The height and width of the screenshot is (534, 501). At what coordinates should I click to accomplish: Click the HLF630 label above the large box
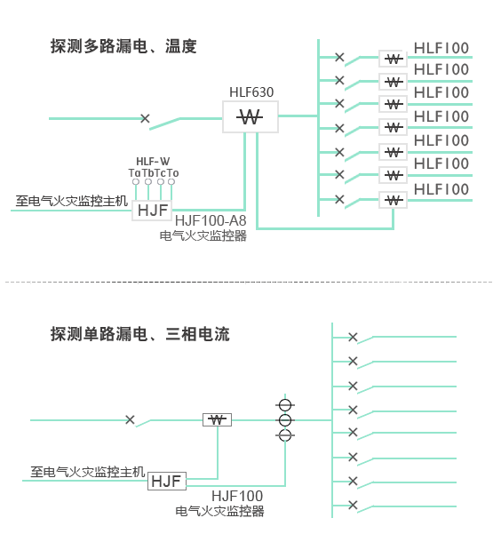tap(251, 92)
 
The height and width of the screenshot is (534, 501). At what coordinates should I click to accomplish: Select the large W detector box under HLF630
tap(250, 116)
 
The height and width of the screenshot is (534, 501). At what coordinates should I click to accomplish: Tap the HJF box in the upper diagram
tap(152, 211)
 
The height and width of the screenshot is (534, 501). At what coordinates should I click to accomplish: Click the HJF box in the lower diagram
tap(167, 482)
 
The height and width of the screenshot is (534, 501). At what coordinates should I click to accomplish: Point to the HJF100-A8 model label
tap(211, 220)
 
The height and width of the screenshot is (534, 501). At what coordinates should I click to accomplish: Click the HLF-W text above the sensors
tap(153, 162)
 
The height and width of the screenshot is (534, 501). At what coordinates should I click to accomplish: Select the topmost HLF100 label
tap(441, 48)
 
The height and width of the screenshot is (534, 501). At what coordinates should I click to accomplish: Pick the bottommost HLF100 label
tap(441, 189)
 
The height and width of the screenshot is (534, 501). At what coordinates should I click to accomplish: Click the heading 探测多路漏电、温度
tap(123, 46)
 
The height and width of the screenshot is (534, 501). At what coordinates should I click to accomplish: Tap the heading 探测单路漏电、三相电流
tap(140, 334)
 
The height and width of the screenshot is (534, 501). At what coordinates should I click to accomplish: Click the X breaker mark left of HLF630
tap(145, 118)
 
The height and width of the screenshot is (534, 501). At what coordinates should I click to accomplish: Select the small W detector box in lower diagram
tap(217, 419)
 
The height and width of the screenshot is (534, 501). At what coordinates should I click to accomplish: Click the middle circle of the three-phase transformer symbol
tap(285, 420)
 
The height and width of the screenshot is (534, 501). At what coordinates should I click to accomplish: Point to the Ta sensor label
tap(134, 173)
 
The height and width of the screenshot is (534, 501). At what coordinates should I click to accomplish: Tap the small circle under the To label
tap(171, 182)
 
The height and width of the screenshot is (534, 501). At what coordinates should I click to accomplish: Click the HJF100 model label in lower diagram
tap(237, 496)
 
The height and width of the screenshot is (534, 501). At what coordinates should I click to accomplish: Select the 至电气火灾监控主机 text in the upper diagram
tap(72, 201)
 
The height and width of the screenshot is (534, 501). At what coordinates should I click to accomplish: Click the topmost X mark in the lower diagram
tap(353, 337)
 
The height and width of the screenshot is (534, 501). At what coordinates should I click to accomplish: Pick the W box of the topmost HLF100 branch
tap(393, 59)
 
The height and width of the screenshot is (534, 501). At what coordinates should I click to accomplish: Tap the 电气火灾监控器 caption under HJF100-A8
tap(203, 235)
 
